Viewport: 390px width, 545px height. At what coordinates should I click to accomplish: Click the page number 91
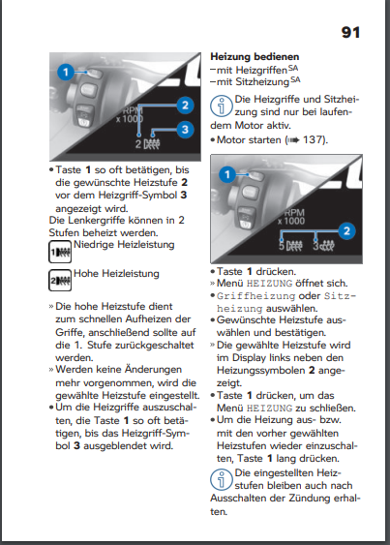click(350, 32)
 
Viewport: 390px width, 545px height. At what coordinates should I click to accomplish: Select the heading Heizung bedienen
click(255, 57)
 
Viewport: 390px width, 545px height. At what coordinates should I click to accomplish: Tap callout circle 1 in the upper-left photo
click(66, 73)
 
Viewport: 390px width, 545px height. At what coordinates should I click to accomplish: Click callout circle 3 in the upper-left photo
click(185, 130)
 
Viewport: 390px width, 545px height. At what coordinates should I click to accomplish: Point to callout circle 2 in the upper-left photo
click(185, 105)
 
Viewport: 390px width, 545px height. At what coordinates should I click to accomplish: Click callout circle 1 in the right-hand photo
click(227, 174)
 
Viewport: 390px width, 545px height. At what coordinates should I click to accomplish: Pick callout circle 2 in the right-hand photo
click(346, 231)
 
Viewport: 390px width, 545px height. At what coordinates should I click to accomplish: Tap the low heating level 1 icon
click(60, 252)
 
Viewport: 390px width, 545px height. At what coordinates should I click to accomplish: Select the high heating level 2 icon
click(60, 280)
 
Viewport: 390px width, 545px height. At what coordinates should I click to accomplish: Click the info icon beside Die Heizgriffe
click(222, 106)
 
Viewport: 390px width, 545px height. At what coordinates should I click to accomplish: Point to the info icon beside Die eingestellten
click(222, 479)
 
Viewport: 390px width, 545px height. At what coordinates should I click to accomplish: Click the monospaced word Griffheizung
click(255, 296)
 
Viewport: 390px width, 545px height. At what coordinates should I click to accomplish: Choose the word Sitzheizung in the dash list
click(262, 82)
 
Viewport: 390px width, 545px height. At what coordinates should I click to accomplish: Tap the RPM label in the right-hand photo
click(294, 212)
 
